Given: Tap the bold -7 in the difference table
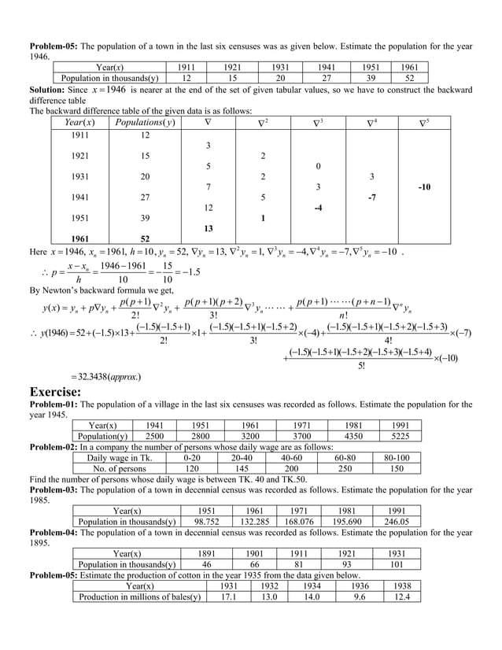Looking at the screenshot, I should [371, 198].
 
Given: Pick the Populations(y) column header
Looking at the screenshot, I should [145, 124].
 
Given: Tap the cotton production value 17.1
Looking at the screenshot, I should [229, 596].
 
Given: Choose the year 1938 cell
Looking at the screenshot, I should [400, 585].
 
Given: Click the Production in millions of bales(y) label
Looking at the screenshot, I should [139, 596].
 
